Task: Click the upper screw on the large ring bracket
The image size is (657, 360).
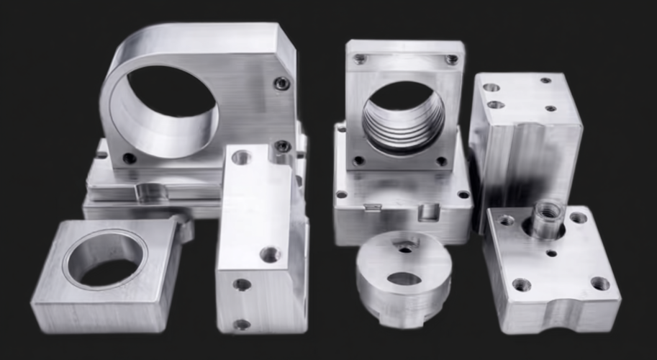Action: (282, 84)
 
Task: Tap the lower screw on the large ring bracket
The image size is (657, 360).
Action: (283, 147)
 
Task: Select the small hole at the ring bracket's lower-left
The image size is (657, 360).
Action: (130, 158)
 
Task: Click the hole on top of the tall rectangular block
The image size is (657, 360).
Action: (242, 156)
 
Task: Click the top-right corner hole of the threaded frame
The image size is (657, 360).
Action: (451, 60)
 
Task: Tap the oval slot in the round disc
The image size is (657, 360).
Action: (404, 279)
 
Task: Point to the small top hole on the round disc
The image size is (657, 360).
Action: (406, 249)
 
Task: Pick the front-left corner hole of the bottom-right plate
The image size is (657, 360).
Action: (521, 285)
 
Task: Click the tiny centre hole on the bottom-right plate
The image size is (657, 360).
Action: (552, 253)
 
